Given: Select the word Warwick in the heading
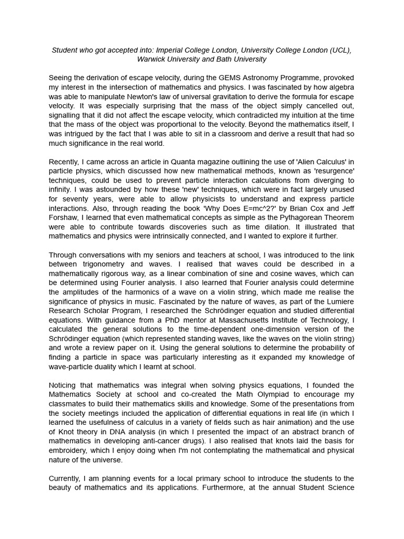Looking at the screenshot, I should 151,59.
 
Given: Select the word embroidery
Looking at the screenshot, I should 70,451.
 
